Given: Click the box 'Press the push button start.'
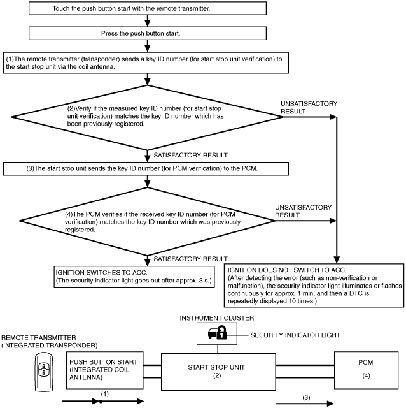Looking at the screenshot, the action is click(148, 33).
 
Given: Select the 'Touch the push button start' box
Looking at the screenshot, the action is click(148, 8).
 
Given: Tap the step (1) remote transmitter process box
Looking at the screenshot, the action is click(146, 62).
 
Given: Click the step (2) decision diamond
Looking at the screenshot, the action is click(147, 117).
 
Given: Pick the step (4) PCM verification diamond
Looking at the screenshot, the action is click(147, 221).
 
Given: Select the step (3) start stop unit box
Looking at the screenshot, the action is click(146, 168).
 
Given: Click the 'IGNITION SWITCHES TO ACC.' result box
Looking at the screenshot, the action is click(134, 277).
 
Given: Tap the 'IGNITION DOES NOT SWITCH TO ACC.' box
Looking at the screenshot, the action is click(314, 286).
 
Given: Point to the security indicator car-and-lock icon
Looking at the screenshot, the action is click(218, 333).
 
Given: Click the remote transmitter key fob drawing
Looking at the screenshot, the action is click(44, 372).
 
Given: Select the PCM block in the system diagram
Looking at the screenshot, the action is click(366, 370).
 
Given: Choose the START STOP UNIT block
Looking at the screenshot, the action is click(218, 372).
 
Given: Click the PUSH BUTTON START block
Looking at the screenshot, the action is click(105, 370).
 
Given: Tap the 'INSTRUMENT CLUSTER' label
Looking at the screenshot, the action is click(217, 318).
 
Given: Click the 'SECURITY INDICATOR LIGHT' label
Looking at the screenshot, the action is click(295, 335).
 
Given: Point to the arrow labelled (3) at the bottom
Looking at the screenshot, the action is click(305, 404).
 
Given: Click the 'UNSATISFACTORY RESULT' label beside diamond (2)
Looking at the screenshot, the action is click(309, 108).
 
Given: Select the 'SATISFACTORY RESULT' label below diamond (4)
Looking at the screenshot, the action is click(190, 259).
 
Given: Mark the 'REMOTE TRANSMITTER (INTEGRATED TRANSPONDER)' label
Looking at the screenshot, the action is click(50, 342).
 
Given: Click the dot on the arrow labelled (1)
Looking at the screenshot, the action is click(101, 402).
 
